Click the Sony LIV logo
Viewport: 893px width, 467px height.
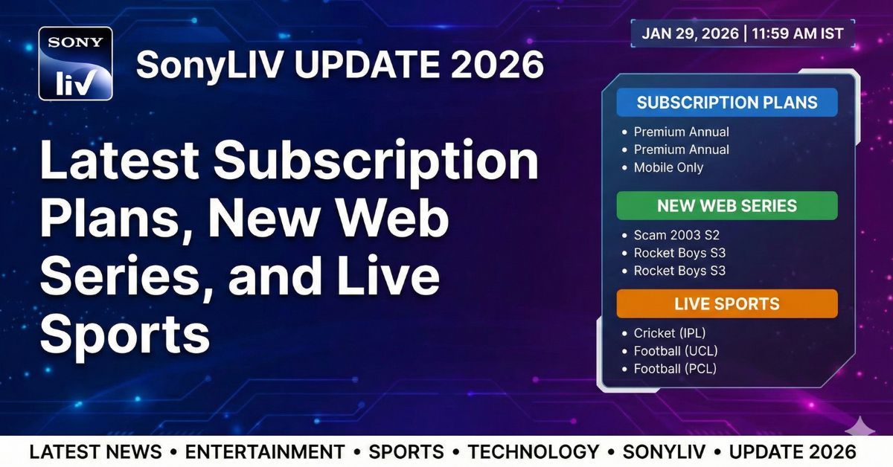pyautogui.click(x=75, y=64)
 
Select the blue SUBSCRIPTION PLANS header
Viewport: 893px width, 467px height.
pyautogui.click(x=727, y=103)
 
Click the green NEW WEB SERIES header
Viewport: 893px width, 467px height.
pyautogui.click(x=727, y=205)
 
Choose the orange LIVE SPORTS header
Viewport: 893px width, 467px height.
pyautogui.click(x=727, y=303)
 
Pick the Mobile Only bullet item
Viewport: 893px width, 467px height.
pyautogui.click(x=668, y=167)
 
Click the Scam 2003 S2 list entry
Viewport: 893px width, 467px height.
pyautogui.click(x=676, y=235)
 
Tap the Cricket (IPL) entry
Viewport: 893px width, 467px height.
pyautogui.click(x=669, y=333)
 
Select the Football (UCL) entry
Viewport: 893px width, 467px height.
pyautogui.click(x=675, y=351)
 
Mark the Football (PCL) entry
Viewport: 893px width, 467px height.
pyautogui.click(x=674, y=369)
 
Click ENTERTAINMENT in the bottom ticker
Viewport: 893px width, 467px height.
pyautogui.click(x=265, y=451)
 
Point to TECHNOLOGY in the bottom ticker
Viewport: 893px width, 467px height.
pyautogui.click(x=533, y=451)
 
